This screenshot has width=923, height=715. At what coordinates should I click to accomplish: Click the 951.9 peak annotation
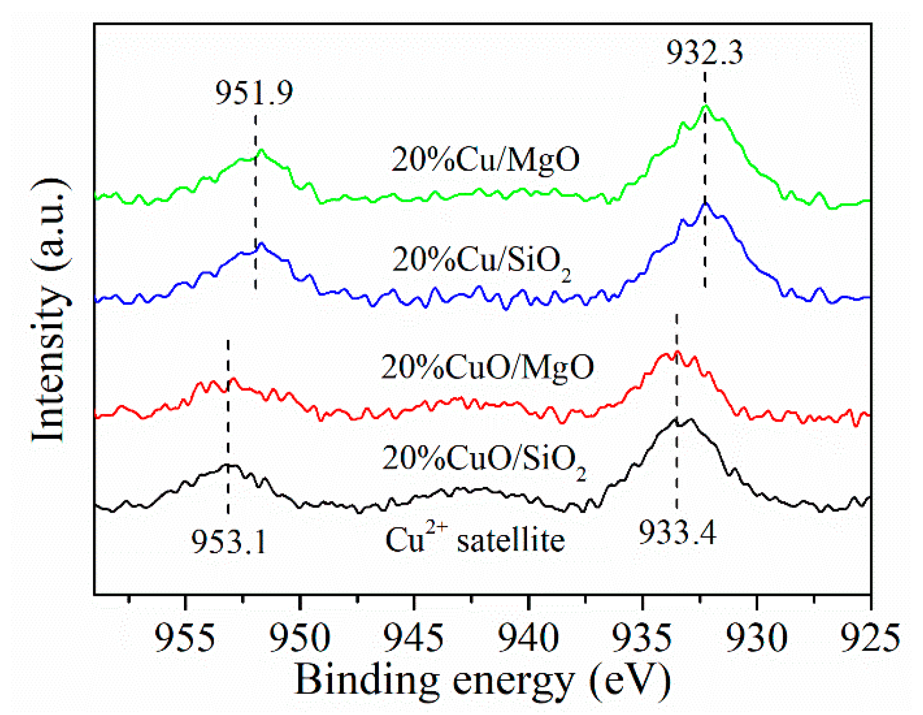(x=254, y=92)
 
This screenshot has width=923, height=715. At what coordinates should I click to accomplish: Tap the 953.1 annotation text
(x=229, y=542)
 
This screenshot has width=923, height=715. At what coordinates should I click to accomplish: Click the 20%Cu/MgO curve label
(x=485, y=160)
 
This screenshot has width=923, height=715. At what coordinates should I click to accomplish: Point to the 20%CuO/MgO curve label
(x=487, y=367)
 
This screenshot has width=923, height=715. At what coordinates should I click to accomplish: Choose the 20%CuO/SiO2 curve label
(x=483, y=459)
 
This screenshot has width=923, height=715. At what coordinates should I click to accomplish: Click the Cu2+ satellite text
(x=475, y=540)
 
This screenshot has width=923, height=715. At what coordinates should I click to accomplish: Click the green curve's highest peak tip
(x=705, y=106)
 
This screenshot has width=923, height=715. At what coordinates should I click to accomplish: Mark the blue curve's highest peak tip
(x=705, y=203)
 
